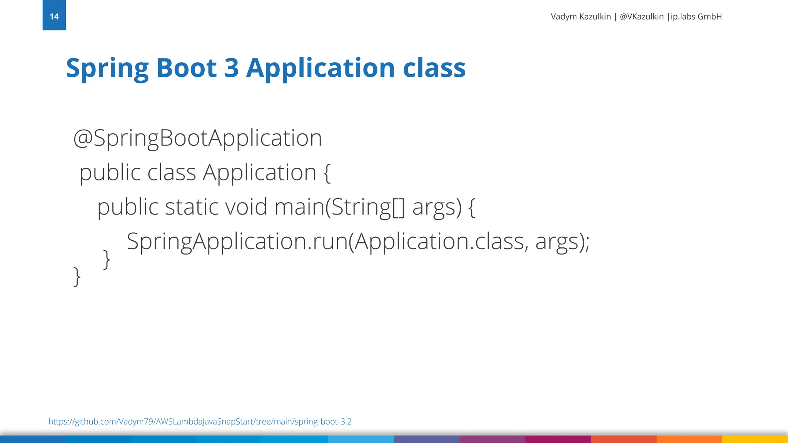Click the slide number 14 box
(54, 15)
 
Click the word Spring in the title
(107, 68)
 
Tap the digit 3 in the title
(232, 68)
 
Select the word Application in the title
(321, 68)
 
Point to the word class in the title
(434, 68)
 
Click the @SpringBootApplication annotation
(197, 138)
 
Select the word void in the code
(246, 207)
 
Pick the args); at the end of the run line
(562, 241)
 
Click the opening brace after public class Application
(327, 173)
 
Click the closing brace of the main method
(107, 259)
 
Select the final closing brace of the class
(77, 276)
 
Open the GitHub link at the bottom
(200, 421)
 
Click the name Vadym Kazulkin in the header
(581, 17)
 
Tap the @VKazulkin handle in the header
(641, 17)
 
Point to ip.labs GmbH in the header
(696, 17)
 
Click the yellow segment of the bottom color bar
(755, 439)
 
